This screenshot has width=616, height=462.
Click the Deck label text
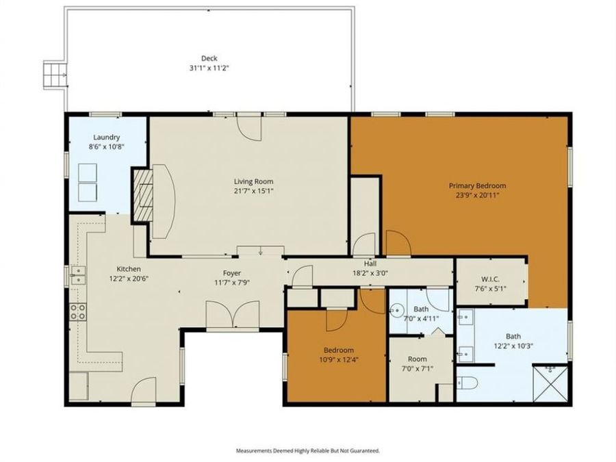[x=209, y=58]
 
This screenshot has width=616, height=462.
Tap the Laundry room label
[x=107, y=137]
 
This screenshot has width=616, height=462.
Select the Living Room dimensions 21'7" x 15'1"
[x=253, y=191]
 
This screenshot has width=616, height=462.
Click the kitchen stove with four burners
[x=78, y=312]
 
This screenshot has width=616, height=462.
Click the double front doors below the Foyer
[x=233, y=316]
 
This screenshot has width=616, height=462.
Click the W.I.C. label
[x=490, y=279]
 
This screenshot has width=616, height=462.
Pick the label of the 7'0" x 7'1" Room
[x=417, y=359]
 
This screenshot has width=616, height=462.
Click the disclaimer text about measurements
[x=307, y=451]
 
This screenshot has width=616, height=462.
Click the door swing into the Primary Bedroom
[x=397, y=243]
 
